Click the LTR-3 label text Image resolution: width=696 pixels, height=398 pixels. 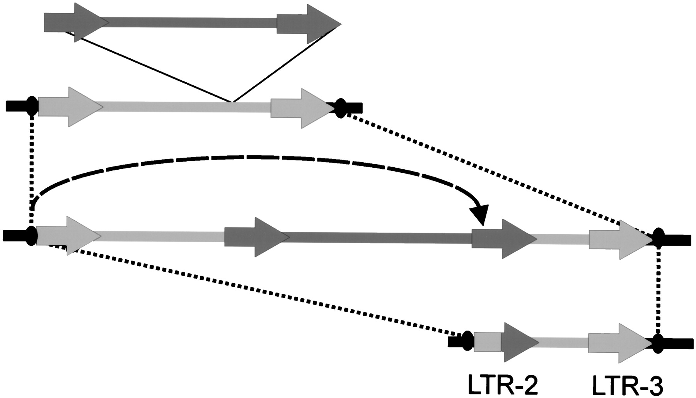628,386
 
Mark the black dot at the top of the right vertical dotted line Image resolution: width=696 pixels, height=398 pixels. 658,238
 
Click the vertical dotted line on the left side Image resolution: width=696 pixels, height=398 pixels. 31,170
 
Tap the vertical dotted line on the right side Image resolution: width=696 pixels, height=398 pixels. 658,290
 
